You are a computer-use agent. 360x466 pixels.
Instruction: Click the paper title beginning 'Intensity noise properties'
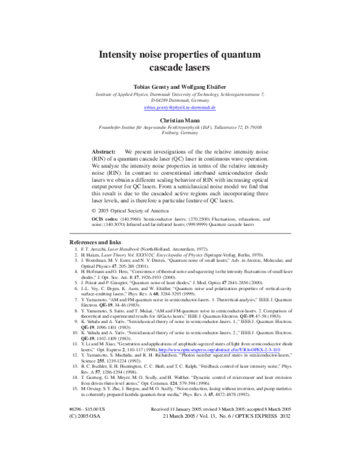pos(179,59)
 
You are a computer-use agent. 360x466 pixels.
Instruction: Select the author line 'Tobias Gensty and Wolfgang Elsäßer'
pos(179,85)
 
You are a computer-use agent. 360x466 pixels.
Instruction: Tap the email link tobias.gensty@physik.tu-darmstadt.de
pos(179,107)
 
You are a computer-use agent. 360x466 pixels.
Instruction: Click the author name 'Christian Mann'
pos(179,120)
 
